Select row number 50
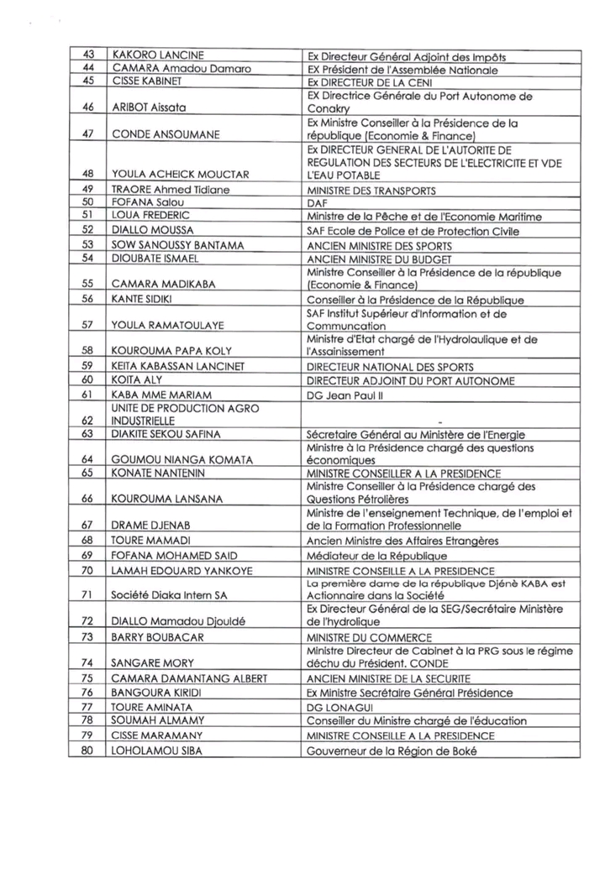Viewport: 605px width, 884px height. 87,203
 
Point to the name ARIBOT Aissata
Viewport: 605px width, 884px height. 149,108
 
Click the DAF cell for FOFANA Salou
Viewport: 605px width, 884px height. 315,203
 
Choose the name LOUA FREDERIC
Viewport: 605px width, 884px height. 148,217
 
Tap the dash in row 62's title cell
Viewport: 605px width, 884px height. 440,421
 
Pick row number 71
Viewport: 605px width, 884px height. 87,594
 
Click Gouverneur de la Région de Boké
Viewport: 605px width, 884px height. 392,751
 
